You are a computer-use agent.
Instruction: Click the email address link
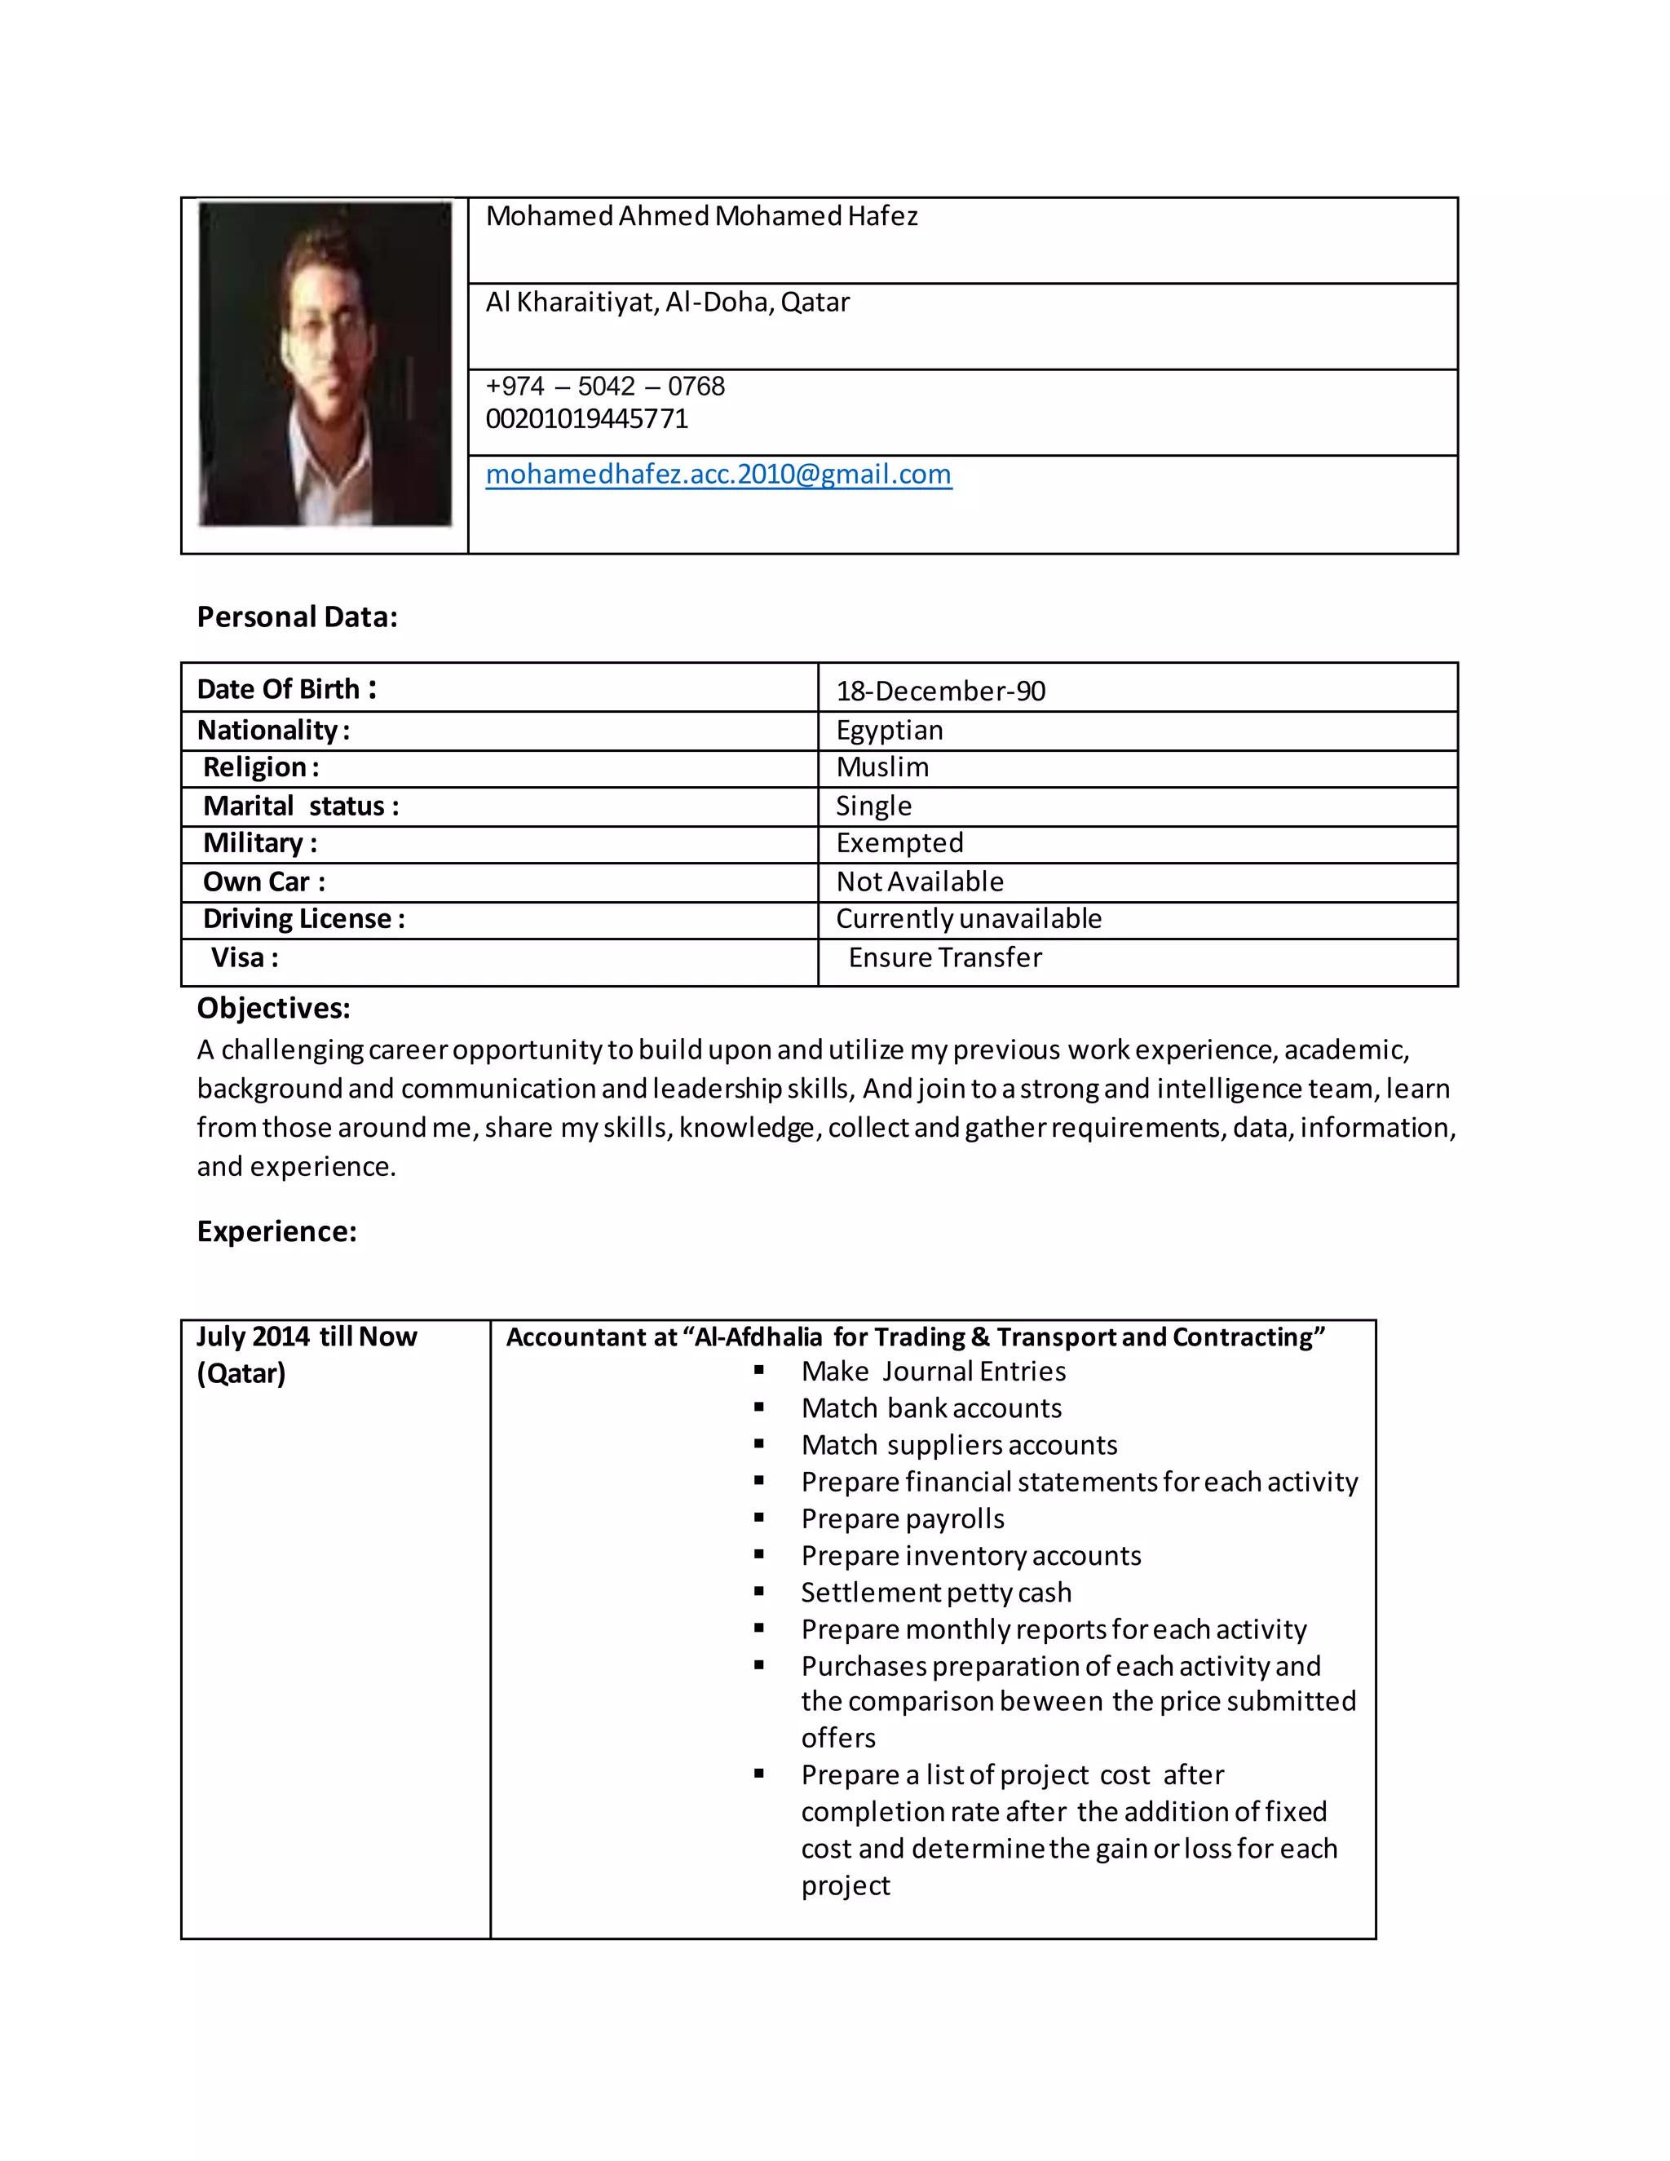click(718, 474)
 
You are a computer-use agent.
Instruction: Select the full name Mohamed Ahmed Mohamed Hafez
click(701, 216)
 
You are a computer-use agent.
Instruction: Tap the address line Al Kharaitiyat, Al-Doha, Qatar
click(667, 302)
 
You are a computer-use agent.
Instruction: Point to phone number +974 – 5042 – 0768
click(604, 386)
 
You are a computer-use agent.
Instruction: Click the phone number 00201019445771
click(586, 418)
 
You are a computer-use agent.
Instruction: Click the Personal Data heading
click(297, 616)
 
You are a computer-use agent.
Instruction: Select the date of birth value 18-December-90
click(940, 691)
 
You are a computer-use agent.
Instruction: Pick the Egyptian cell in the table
click(890, 730)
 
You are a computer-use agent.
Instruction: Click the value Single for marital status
click(873, 806)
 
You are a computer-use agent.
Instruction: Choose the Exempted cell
click(899, 843)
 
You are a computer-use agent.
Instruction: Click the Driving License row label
click(303, 919)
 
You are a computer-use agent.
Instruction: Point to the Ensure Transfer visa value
click(945, 958)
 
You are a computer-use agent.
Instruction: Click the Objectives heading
click(273, 1008)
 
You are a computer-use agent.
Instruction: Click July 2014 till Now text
click(307, 1337)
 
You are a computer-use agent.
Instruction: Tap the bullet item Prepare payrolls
click(903, 1519)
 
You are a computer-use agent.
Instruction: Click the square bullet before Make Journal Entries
click(759, 1371)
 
